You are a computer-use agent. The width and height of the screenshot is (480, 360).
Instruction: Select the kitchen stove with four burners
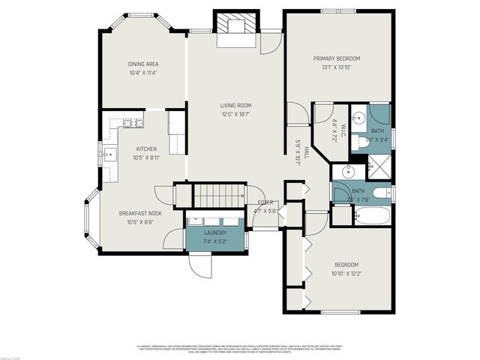coord(134,122)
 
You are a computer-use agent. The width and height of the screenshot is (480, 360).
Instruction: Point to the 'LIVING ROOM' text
coord(235,106)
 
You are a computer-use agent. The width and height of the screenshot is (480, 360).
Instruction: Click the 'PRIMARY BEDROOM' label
coord(337,58)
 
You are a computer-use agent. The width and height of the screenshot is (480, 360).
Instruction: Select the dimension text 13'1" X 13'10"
coord(337,67)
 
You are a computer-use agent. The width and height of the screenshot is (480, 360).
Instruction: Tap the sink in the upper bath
coord(358,118)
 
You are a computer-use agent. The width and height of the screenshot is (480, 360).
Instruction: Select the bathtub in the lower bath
coord(372,218)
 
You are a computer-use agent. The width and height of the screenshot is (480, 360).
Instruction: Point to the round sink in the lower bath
coord(347,172)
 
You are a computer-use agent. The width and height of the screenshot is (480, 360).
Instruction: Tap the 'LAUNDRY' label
coord(215,232)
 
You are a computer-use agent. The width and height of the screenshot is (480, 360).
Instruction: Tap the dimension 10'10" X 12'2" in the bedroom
coord(346,273)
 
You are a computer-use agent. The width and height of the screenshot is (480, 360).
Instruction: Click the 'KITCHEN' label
coord(146,149)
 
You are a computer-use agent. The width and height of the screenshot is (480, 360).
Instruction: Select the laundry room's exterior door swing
coord(199,263)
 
